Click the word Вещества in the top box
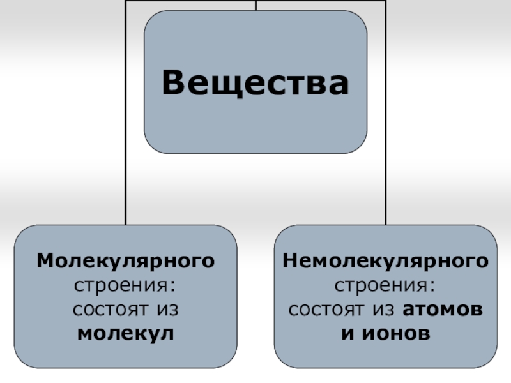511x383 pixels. click(256, 83)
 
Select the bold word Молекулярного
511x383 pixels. click(125, 261)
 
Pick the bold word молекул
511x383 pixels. click(125, 333)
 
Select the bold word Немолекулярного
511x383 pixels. click(386, 261)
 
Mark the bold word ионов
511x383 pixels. click(394, 333)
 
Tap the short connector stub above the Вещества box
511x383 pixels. click(256, 5)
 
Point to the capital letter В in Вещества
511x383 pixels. click(173, 84)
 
